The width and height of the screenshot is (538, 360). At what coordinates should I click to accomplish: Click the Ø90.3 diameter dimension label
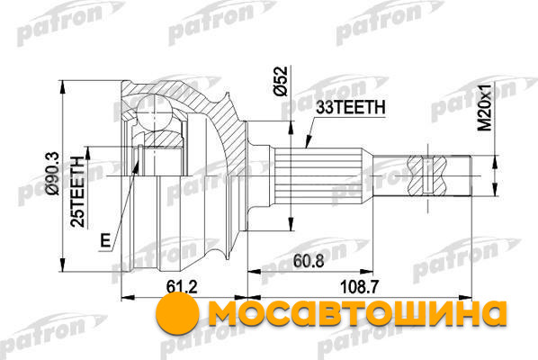(x=53, y=174)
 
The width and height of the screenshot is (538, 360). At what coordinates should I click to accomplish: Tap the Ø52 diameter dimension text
(x=280, y=81)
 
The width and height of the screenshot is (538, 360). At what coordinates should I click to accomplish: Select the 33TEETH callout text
(x=350, y=108)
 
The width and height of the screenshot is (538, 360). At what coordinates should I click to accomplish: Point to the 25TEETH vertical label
(x=77, y=192)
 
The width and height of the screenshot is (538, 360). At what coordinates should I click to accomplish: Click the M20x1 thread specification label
(x=485, y=107)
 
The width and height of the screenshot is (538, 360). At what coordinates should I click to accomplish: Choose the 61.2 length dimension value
(x=183, y=287)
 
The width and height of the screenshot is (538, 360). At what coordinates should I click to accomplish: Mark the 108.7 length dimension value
(x=359, y=286)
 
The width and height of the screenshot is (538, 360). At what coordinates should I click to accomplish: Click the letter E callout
(x=105, y=240)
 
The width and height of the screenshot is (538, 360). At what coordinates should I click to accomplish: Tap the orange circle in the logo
(x=177, y=311)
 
